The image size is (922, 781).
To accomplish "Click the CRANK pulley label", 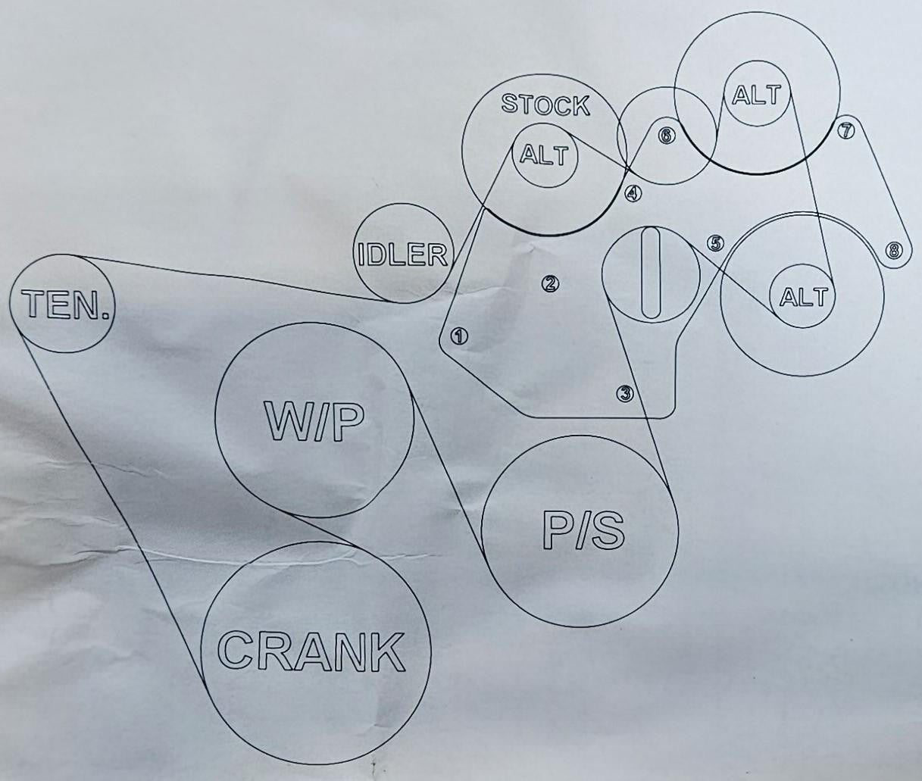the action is coord(311,651).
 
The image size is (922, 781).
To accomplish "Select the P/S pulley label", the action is coord(583,531).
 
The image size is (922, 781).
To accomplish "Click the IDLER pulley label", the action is coord(402,255).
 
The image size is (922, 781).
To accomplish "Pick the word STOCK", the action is coord(545,105).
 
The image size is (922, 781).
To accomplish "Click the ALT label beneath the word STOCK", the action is coord(544,156).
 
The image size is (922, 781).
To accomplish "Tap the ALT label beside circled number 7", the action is coord(757,95).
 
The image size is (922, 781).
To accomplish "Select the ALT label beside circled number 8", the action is coord(805,297).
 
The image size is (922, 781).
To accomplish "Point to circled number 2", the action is coord(549,283).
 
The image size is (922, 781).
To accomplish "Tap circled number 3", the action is coord(624,393).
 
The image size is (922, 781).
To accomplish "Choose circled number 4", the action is coord(633,193).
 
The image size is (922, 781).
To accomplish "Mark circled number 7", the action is coord(845,131).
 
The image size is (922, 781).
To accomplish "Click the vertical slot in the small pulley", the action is coord(651,273).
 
